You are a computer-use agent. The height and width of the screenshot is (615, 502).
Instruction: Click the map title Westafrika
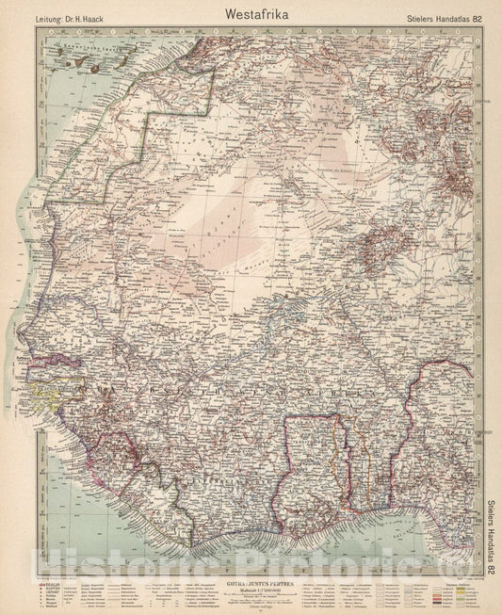tap(250, 14)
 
